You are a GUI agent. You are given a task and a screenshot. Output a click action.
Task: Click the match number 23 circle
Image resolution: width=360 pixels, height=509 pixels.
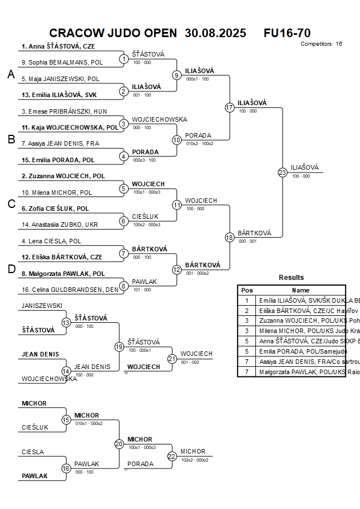[x=282, y=173]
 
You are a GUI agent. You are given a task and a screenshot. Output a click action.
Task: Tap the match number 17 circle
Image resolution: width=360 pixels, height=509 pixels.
[x=230, y=107]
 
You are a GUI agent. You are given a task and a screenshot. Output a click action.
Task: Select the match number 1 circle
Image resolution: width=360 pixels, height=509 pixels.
[x=124, y=59]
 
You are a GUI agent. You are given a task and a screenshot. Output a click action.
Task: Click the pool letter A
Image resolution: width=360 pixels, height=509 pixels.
[x=11, y=75]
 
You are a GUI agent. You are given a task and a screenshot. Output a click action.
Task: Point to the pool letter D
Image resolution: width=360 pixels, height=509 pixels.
[x=11, y=270]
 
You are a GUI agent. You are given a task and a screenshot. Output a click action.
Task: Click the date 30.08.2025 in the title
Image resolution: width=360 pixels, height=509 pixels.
[x=215, y=33]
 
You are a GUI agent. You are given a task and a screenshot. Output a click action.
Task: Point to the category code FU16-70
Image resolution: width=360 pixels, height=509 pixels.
[x=287, y=33]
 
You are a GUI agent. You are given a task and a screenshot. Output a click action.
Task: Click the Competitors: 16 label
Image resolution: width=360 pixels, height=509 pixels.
[x=321, y=44]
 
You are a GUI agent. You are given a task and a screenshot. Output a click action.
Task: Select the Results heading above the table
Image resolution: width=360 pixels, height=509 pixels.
[x=291, y=278]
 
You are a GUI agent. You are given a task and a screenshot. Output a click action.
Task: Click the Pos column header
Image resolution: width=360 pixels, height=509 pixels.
[x=247, y=290]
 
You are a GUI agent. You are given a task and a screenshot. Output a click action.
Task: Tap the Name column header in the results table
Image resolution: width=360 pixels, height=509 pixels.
[x=301, y=290]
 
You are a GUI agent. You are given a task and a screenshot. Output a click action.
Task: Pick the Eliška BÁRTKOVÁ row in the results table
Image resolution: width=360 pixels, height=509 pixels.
[x=300, y=310]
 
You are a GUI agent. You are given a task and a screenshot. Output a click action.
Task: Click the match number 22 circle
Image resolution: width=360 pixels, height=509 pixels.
[x=172, y=456]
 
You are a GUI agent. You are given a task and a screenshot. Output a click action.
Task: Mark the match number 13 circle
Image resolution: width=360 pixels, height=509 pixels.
[x=66, y=323]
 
